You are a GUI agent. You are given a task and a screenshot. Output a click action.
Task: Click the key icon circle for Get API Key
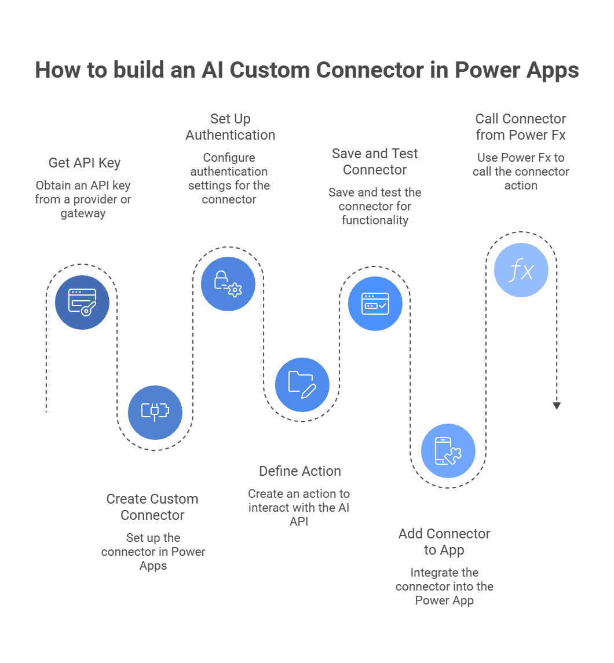[82, 302]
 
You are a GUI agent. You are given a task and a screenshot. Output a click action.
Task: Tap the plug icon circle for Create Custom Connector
[155, 412]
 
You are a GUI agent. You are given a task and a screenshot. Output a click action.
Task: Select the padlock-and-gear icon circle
[228, 284]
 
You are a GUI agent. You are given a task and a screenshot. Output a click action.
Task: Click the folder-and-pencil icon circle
[302, 385]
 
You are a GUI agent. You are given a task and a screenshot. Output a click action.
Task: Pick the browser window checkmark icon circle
[375, 304]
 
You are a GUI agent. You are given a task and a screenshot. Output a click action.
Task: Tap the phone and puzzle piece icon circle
[448, 451]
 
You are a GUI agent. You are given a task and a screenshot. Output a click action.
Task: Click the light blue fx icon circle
[521, 270]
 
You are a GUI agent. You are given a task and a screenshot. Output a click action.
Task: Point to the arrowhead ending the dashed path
[557, 406]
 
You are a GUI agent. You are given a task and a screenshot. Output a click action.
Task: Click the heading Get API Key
[85, 163]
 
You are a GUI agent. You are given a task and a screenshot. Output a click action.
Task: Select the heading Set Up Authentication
[230, 127]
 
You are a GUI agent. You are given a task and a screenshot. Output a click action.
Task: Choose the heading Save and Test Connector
[375, 162]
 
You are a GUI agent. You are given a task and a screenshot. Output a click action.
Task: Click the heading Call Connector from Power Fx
[521, 127]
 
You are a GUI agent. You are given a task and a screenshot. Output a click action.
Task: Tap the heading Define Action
[300, 471]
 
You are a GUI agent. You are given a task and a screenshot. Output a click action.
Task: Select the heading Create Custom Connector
[152, 507]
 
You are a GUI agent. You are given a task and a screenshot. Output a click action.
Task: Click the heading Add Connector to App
[444, 542]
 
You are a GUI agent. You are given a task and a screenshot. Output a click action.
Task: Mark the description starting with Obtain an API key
[83, 199]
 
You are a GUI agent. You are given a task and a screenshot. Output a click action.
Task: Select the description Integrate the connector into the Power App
[444, 586]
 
